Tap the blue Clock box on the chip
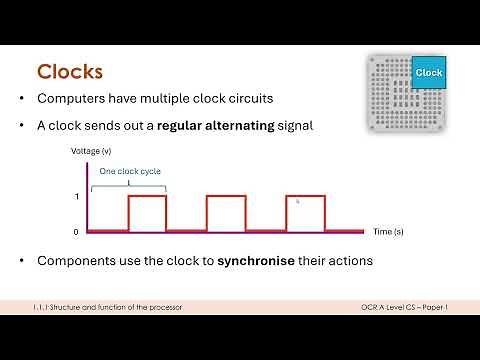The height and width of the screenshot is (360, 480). [428, 72]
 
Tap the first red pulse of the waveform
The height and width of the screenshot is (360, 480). [147, 213]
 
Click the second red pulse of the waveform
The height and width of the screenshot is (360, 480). [226, 213]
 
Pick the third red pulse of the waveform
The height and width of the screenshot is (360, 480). [305, 213]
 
